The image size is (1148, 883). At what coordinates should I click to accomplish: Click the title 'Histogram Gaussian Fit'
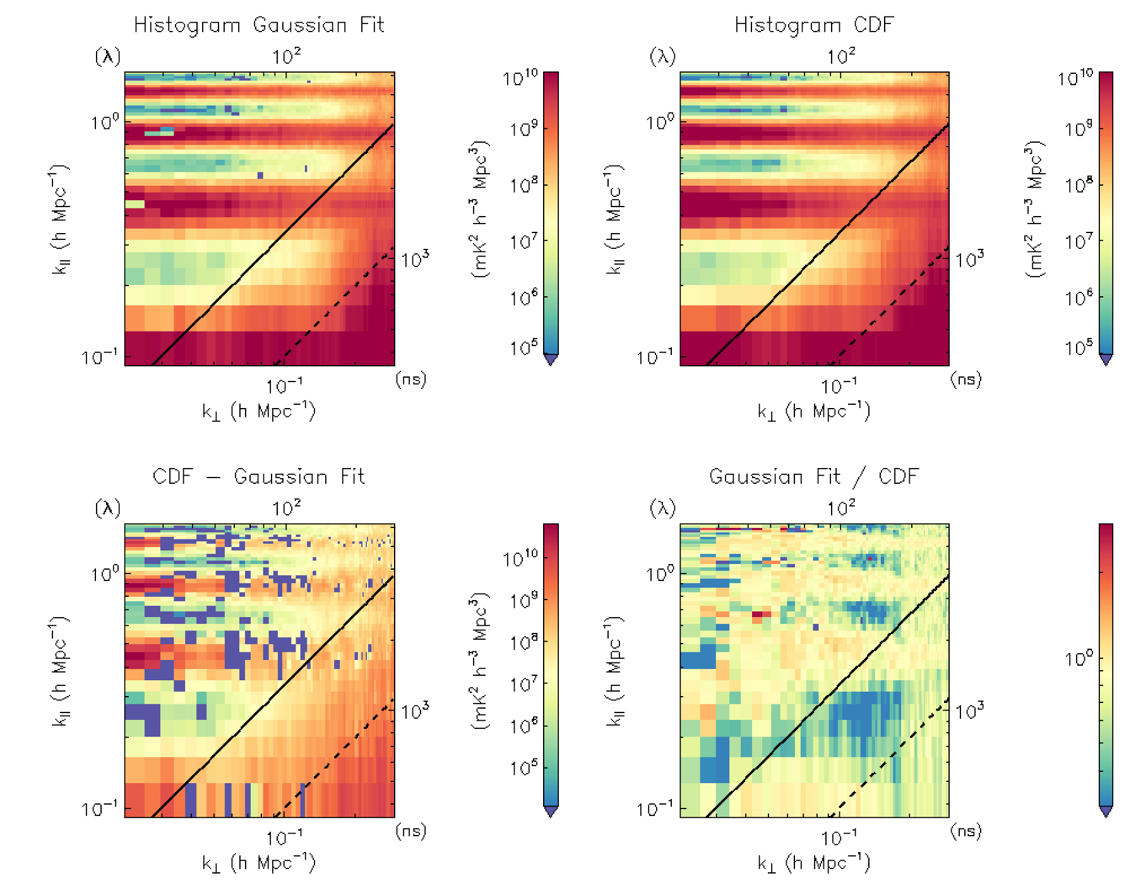(x=259, y=25)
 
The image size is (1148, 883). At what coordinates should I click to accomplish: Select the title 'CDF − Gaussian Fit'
(x=259, y=477)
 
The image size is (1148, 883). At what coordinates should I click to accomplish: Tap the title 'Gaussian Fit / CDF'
(x=813, y=477)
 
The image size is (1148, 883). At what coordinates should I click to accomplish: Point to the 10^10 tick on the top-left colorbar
(x=521, y=78)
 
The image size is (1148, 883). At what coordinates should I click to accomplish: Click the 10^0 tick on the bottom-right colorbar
(x=1079, y=659)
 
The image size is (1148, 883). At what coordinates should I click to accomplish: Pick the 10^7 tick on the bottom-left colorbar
(x=523, y=683)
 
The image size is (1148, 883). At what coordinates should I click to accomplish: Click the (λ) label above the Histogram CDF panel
(x=662, y=57)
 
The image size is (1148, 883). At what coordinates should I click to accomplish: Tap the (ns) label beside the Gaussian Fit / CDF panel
(x=966, y=831)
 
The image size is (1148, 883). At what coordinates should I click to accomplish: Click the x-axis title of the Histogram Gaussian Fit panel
(x=259, y=412)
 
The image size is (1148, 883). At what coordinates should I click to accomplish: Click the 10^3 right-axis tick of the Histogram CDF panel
(x=970, y=260)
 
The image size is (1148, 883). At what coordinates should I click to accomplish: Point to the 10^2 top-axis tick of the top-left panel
(x=286, y=57)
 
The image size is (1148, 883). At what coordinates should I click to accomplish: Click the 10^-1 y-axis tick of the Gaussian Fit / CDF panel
(x=654, y=808)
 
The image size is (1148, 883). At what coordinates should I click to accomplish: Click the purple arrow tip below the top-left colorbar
(x=551, y=361)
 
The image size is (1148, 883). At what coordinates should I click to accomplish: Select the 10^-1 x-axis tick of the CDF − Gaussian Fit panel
(x=284, y=838)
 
